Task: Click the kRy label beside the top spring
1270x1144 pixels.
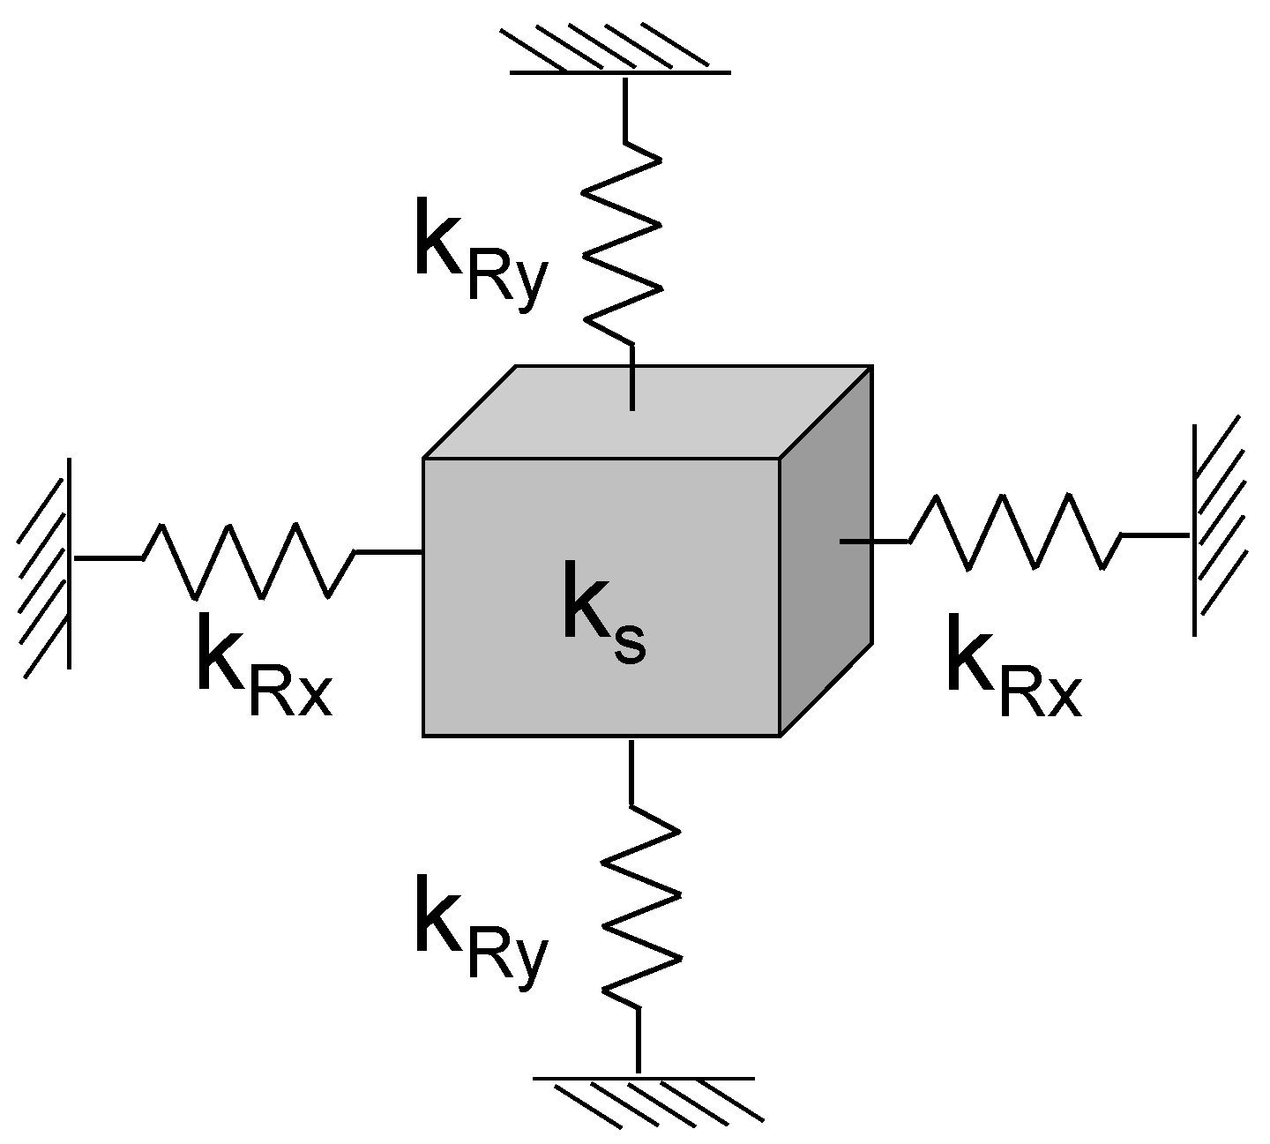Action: pyautogui.click(x=481, y=256)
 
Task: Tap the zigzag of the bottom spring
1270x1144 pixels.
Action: pyautogui.click(x=641, y=908)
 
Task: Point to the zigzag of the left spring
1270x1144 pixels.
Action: pyautogui.click(x=247, y=560)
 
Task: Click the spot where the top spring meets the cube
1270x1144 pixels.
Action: pyautogui.click(x=632, y=408)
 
